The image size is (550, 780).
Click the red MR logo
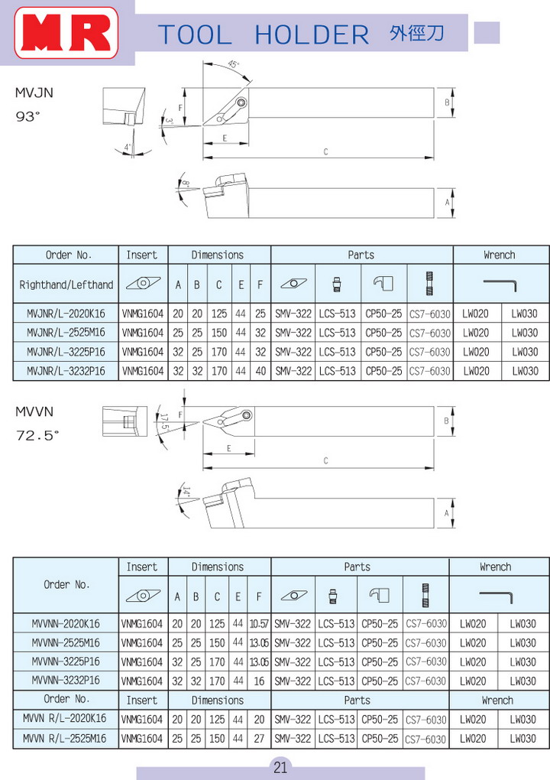tap(66, 33)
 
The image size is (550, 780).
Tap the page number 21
tap(280, 767)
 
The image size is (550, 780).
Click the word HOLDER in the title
tap(312, 35)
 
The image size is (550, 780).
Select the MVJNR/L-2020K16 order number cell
tap(66, 314)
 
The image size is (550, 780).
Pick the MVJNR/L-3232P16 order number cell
tap(66, 371)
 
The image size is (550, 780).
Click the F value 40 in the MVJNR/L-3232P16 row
tap(260, 371)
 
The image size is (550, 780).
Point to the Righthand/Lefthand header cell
tap(66, 284)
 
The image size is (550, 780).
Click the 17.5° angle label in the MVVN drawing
tap(164, 421)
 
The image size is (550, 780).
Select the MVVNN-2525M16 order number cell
tap(66, 642)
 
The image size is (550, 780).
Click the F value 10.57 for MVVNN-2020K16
tap(259, 623)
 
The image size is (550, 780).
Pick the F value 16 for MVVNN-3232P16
tap(259, 681)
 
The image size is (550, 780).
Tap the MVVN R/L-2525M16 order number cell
tap(65, 738)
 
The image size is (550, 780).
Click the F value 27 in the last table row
tap(259, 738)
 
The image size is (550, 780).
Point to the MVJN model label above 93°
tap(34, 93)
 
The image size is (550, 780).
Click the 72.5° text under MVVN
tap(37, 435)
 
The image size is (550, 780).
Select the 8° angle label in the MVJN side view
tap(186, 184)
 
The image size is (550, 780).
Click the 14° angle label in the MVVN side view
tap(186, 492)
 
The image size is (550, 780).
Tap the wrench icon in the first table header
tap(500, 284)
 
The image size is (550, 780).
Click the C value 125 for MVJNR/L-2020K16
tap(218, 314)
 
